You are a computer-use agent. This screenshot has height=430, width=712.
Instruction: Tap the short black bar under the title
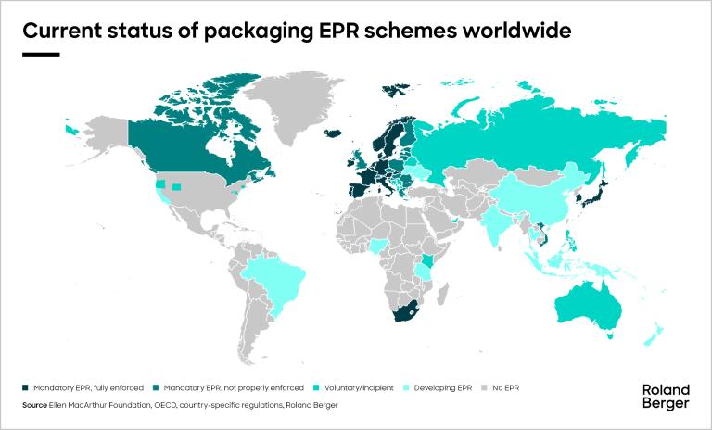pos(40,55)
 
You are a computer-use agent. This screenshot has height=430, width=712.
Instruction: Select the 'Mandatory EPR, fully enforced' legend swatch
pos(25,387)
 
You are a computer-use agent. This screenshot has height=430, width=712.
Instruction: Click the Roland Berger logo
pos(666,397)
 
